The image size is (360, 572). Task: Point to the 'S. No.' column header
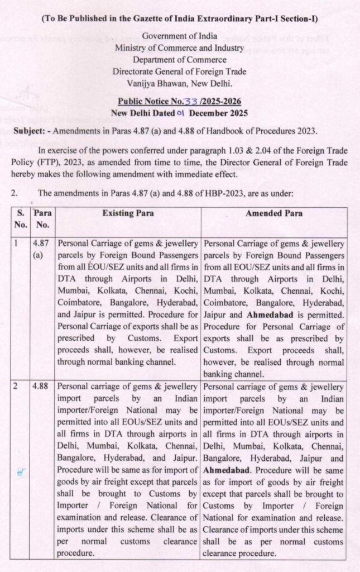pyautogui.click(x=20, y=218)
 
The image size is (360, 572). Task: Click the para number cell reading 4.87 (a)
pyautogui.click(x=40, y=249)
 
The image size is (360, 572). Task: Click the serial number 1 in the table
pyautogui.click(x=17, y=244)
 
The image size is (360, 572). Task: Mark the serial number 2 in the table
pyautogui.click(x=17, y=385)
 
